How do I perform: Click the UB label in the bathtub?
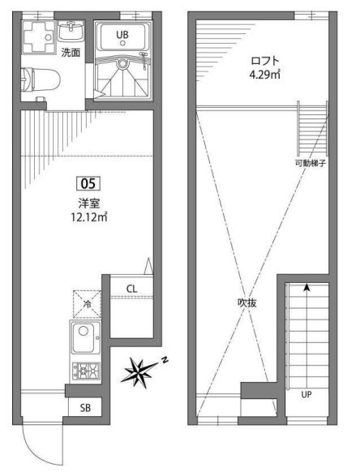click(122, 35)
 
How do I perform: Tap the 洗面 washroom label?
click(71, 53)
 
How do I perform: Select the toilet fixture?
click(41, 80)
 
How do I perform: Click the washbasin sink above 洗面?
click(71, 30)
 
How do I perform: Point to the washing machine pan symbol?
click(39, 37)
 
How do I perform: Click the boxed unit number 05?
click(88, 183)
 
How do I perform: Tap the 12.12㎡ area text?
click(89, 217)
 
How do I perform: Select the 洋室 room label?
click(89, 204)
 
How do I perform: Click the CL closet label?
click(131, 289)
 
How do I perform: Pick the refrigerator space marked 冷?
click(88, 304)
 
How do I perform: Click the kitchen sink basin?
click(85, 337)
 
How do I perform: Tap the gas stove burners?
click(87, 371)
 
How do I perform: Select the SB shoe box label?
click(85, 408)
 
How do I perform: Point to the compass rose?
click(139, 371)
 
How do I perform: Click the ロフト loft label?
click(265, 61)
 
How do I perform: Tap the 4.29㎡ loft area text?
click(265, 75)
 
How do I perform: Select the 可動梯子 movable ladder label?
click(311, 164)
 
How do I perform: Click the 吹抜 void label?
click(247, 303)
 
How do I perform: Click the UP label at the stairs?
click(306, 394)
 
